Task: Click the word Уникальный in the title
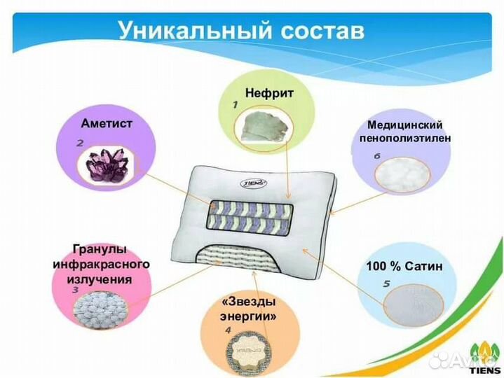pyautogui.click(x=191, y=31)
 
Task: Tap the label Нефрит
pyautogui.click(x=268, y=92)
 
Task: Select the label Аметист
pyautogui.click(x=106, y=123)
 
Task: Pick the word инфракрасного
pyautogui.click(x=102, y=265)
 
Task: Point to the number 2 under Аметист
pyautogui.click(x=81, y=142)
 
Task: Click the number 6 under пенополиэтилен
pyautogui.click(x=376, y=155)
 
